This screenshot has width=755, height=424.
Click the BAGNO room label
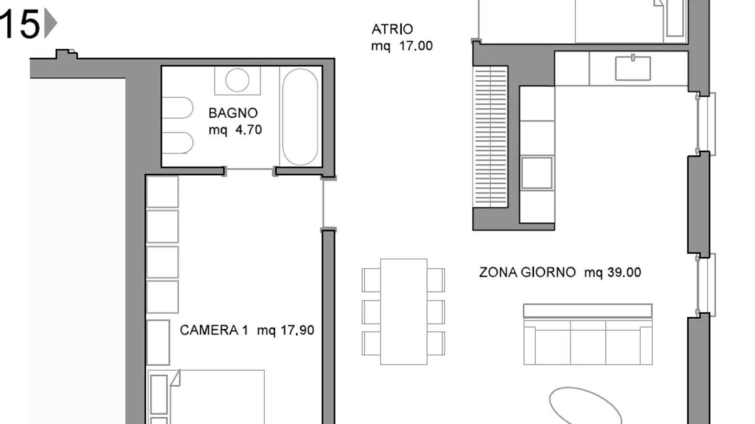pos(233,113)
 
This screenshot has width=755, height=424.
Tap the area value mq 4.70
pos(235,130)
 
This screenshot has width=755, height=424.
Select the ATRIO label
pos(392,29)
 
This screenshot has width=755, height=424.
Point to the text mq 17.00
pos(402,46)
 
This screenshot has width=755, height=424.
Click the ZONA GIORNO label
pos(527,273)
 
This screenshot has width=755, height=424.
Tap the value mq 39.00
pos(612,273)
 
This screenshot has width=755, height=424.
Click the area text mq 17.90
pos(286,330)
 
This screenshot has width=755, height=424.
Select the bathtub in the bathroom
pos(300,117)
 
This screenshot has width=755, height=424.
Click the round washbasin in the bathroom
pos(237,80)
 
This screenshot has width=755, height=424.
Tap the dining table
pos(404,311)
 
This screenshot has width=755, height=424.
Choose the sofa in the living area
pos(588,335)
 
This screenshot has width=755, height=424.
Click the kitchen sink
pos(633,68)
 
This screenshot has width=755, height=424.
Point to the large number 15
pos(20,24)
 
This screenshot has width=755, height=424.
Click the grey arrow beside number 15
pos(50,24)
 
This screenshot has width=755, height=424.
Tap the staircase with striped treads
pos(491,136)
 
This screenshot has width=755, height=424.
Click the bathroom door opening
pos(250,169)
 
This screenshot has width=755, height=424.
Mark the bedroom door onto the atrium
pos(323,204)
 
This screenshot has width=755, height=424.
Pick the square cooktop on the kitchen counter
pos(536,173)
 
